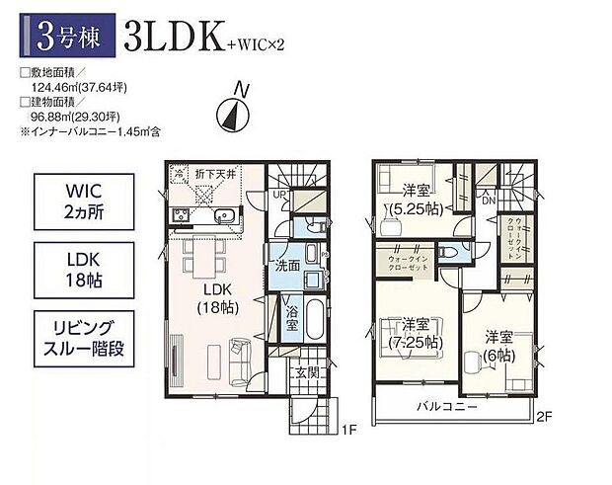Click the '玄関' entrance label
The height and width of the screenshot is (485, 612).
(305, 373)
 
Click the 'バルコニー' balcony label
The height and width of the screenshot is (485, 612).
(447, 407)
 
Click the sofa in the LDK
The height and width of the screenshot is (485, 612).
(239, 350)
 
